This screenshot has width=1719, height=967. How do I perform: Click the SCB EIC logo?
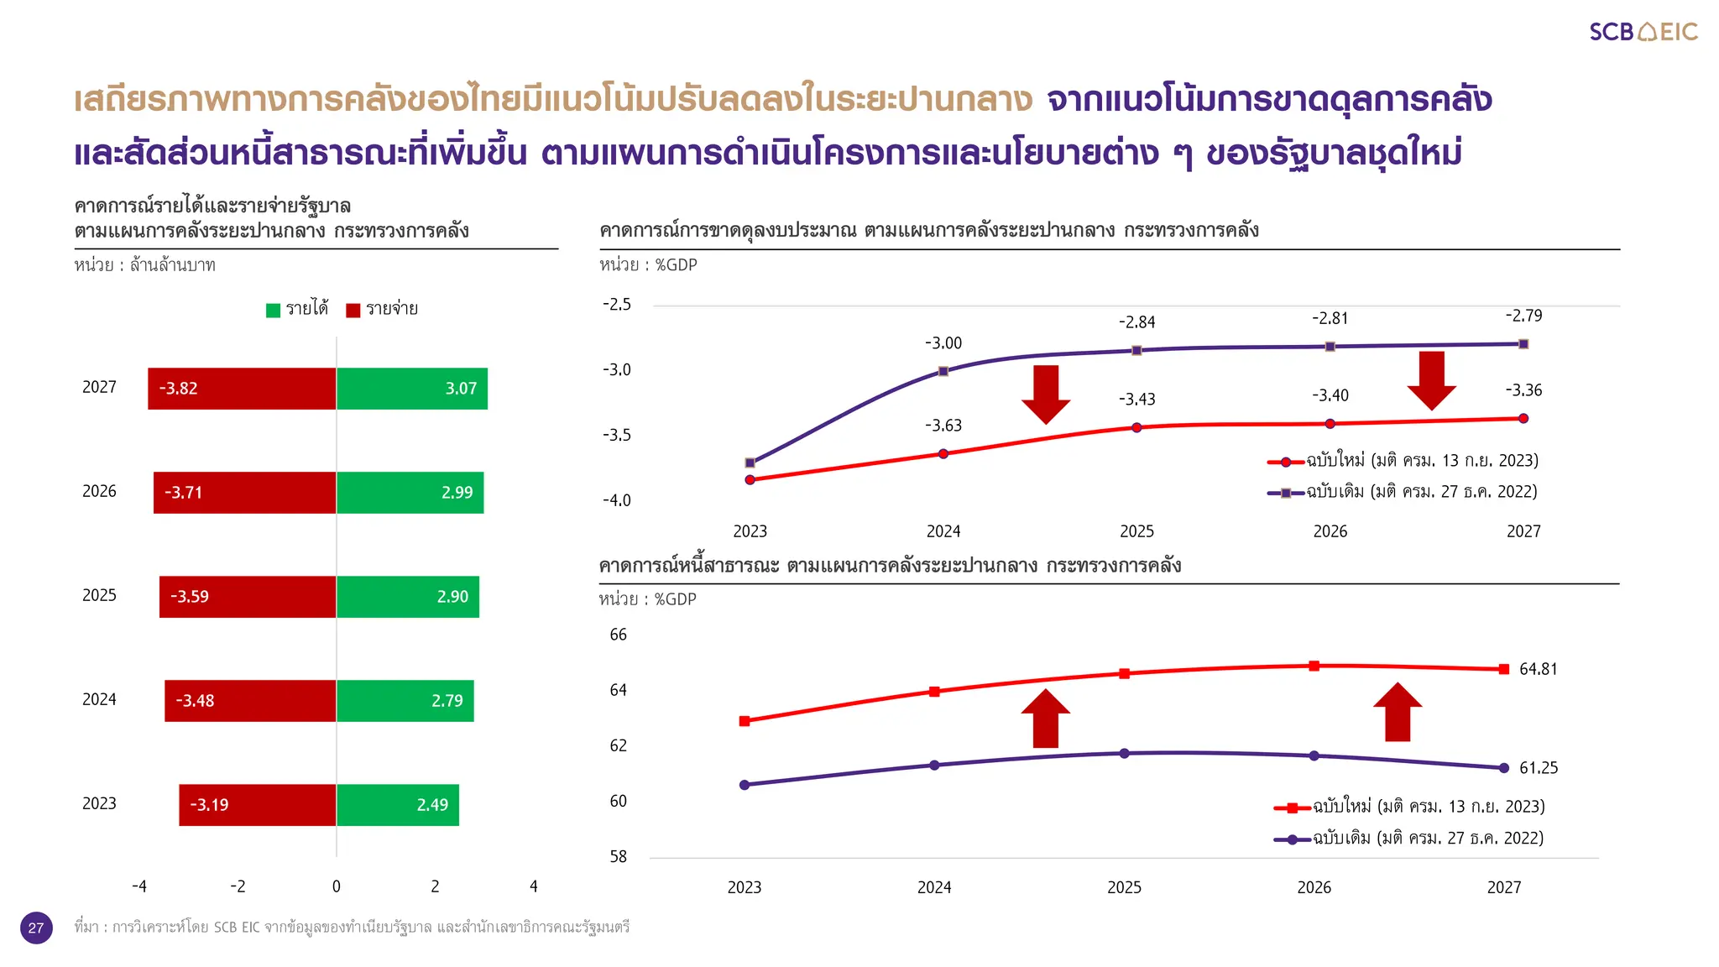[x=1643, y=32]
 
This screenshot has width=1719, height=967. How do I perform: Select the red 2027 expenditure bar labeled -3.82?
[x=242, y=389]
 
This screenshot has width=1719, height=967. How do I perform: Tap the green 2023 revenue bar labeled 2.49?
[x=398, y=805]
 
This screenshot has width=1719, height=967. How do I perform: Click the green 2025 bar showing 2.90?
[x=408, y=597]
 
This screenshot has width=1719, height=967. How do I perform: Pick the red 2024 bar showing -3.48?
[x=250, y=701]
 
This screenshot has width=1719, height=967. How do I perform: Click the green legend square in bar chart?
[x=273, y=310]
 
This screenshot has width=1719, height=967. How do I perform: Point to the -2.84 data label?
[x=1136, y=322]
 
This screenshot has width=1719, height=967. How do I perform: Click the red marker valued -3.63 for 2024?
[x=943, y=454]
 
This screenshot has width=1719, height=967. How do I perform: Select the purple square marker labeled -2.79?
[x=1523, y=344]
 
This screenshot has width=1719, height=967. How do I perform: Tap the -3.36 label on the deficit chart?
[x=1523, y=390]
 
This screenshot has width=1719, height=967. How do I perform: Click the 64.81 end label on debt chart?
[x=1538, y=669]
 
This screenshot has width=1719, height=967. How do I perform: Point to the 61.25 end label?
[x=1538, y=768]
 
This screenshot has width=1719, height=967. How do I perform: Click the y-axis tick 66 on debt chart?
[x=618, y=635]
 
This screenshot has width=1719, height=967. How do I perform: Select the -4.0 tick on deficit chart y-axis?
[x=616, y=500]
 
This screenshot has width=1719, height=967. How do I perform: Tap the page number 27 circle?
[x=36, y=928]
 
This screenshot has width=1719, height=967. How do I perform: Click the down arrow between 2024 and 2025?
[x=1046, y=395]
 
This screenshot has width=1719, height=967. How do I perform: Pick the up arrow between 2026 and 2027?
[x=1398, y=712]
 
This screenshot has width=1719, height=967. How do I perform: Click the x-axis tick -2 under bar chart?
[x=238, y=886]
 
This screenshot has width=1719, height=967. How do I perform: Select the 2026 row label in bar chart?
[x=99, y=491]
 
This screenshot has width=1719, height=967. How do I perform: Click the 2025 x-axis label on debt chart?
[x=1124, y=887]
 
